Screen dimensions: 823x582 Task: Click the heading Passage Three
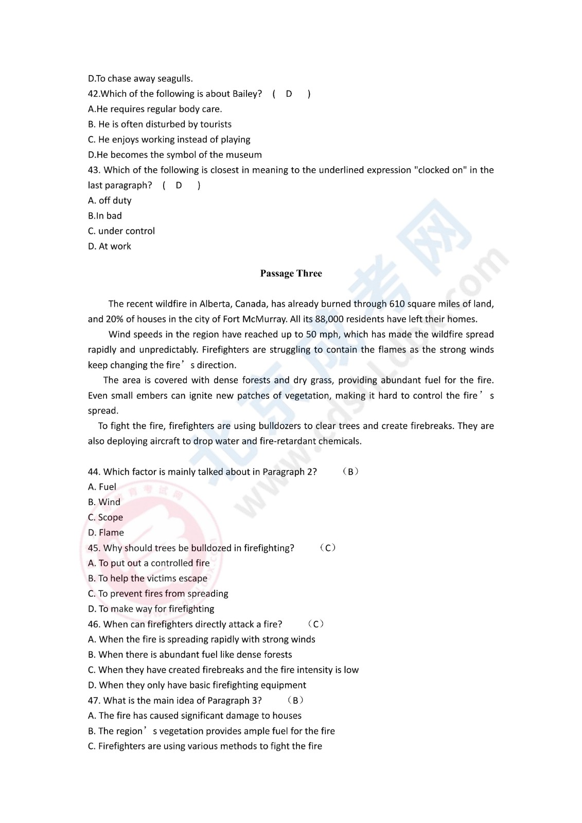coord(291,274)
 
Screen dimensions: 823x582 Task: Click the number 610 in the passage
coord(397,304)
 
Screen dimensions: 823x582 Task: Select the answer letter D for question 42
coord(289,94)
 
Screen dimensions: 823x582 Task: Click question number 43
coord(94,170)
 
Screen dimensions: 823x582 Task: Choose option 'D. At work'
coord(110,246)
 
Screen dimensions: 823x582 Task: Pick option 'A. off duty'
coord(110,201)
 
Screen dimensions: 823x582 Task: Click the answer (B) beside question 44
coord(350,472)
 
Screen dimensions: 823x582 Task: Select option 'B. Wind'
coord(104,502)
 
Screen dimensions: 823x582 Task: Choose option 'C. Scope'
coord(105,517)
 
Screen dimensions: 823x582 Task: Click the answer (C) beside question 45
coord(328,548)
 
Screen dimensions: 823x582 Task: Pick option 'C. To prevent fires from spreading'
coord(158,594)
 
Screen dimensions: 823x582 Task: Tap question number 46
coord(94,624)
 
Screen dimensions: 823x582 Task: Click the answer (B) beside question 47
coord(295,701)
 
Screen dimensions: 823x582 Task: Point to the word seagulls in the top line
coord(175,79)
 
